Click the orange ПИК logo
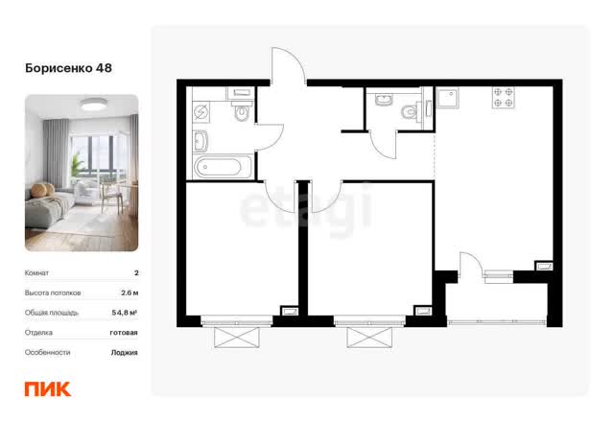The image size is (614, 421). pyautogui.click(x=48, y=389)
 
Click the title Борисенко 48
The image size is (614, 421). pyautogui.click(x=68, y=68)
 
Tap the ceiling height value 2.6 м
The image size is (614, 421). pyautogui.click(x=130, y=292)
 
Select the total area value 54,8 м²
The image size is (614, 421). pyautogui.click(x=125, y=313)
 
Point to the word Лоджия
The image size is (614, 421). pyautogui.click(x=124, y=353)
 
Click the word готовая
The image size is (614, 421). pyautogui.click(x=124, y=333)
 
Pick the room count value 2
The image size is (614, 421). pyautogui.click(x=136, y=273)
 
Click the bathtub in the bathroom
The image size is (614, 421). pyautogui.click(x=223, y=167)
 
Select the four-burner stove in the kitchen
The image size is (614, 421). pyautogui.click(x=503, y=98)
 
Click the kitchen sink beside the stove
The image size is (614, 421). pyautogui.click(x=448, y=98)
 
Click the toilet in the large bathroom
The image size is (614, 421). pyautogui.click(x=241, y=110)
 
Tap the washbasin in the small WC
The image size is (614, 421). pyautogui.click(x=384, y=100)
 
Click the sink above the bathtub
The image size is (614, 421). pyautogui.click(x=201, y=141)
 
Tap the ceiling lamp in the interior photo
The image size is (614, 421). pyautogui.click(x=94, y=105)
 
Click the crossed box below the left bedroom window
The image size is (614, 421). pyautogui.click(x=237, y=338)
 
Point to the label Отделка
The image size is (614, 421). pyautogui.click(x=38, y=333)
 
